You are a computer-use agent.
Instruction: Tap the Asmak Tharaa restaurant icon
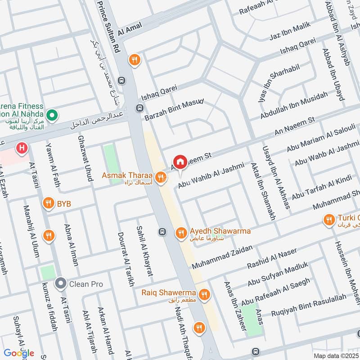pos(160,179)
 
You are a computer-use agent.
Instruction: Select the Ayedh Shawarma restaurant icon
pos(181,232)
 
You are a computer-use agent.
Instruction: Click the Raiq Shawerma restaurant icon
pos(204,294)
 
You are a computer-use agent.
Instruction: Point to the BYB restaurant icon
pos(48,204)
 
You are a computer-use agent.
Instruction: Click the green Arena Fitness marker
pos(52,116)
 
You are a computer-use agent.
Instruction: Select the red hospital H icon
pos(21,147)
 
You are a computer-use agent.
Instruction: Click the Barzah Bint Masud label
pos(175,110)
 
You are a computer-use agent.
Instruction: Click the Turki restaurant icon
pos(329,220)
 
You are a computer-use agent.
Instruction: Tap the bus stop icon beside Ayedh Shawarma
pos(162,232)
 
